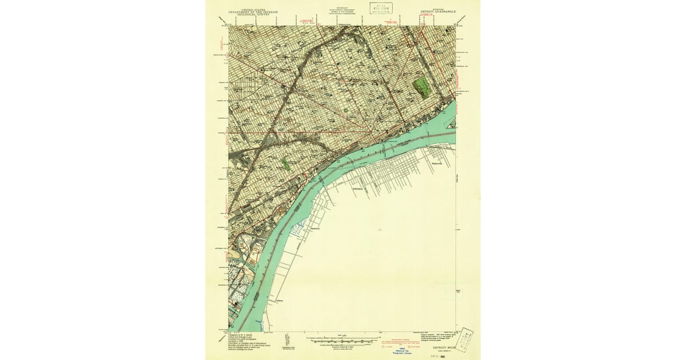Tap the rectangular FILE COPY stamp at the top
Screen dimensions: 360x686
[x=381, y=7]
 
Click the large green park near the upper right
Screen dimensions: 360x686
[x=422, y=86]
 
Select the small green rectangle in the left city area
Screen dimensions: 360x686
[x=285, y=164]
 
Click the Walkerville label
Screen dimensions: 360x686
[x=438, y=163]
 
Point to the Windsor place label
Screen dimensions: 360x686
[x=358, y=188]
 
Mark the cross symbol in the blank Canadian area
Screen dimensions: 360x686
[x=380, y=230]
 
